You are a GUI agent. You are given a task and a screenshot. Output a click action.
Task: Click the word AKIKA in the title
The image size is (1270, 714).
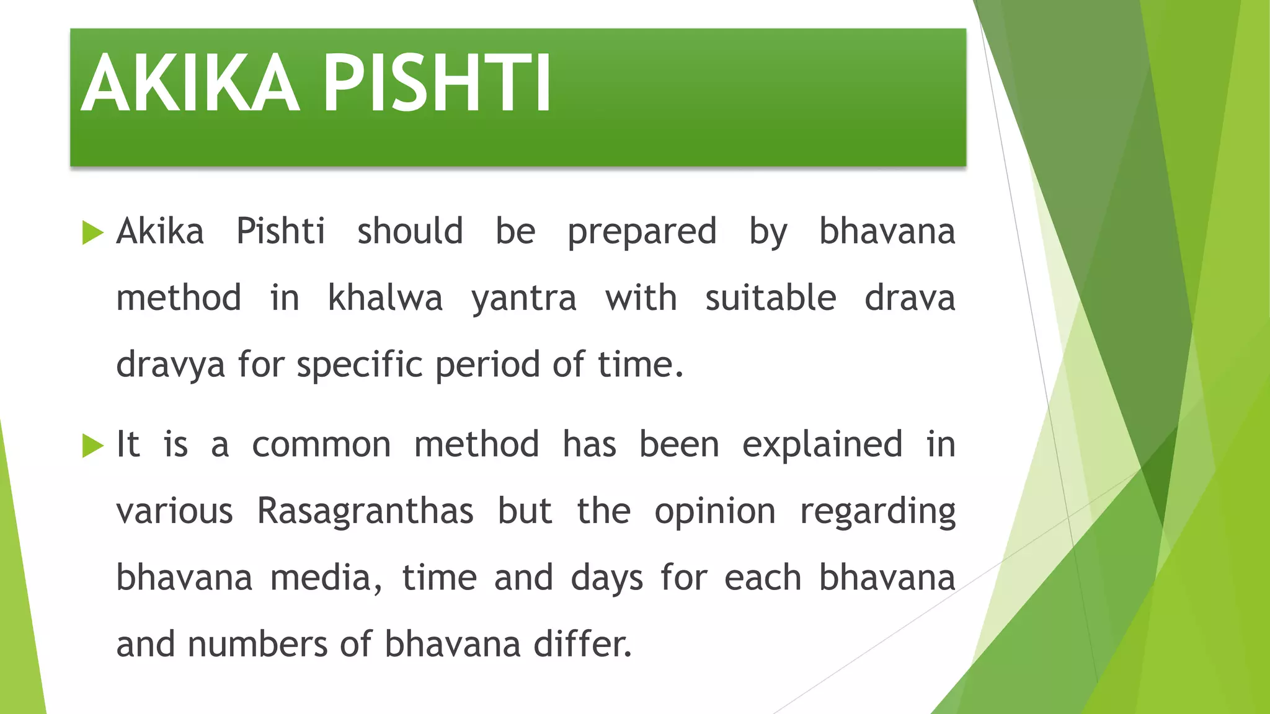point(190,83)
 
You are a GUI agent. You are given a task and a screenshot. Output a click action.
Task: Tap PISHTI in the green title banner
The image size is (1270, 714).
point(437,83)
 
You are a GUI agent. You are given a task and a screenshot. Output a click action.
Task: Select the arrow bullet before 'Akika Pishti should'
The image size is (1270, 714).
point(92,233)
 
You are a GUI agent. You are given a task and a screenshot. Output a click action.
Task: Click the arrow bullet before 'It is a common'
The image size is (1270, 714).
point(92,446)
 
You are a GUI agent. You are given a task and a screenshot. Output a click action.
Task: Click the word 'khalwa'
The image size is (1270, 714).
point(385,298)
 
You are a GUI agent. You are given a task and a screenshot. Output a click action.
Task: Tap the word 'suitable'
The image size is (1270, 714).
point(770,298)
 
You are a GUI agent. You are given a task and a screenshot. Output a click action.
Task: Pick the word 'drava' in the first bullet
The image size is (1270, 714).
point(910,298)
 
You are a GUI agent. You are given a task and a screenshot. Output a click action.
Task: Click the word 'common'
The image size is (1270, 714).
point(321,446)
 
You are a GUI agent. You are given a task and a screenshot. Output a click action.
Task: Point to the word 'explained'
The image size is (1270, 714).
point(822,446)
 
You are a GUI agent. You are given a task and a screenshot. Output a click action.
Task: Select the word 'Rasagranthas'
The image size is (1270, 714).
point(365,512)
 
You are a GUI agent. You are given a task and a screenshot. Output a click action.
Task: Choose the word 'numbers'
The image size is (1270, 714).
point(256,645)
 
